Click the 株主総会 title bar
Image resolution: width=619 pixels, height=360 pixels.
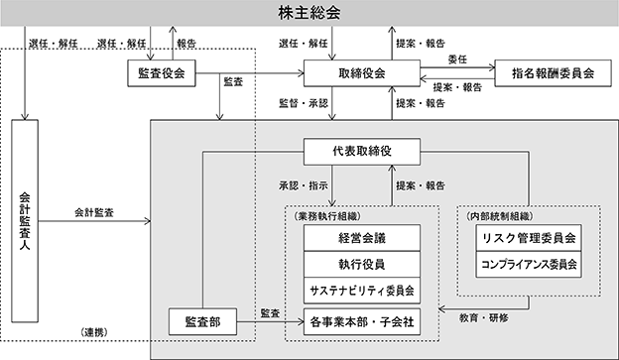click(309, 14)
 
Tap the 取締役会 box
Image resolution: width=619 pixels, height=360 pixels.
click(360, 74)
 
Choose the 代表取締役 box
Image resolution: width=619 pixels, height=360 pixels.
click(360, 152)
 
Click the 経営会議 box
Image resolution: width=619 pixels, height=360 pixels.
click(360, 238)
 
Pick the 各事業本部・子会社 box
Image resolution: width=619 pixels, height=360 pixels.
click(360, 321)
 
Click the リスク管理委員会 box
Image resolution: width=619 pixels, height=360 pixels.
click(529, 238)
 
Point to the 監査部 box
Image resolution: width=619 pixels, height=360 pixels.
click(202, 321)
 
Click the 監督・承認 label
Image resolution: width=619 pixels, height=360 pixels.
click(303, 102)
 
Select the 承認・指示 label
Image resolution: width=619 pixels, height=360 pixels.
click(303, 184)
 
